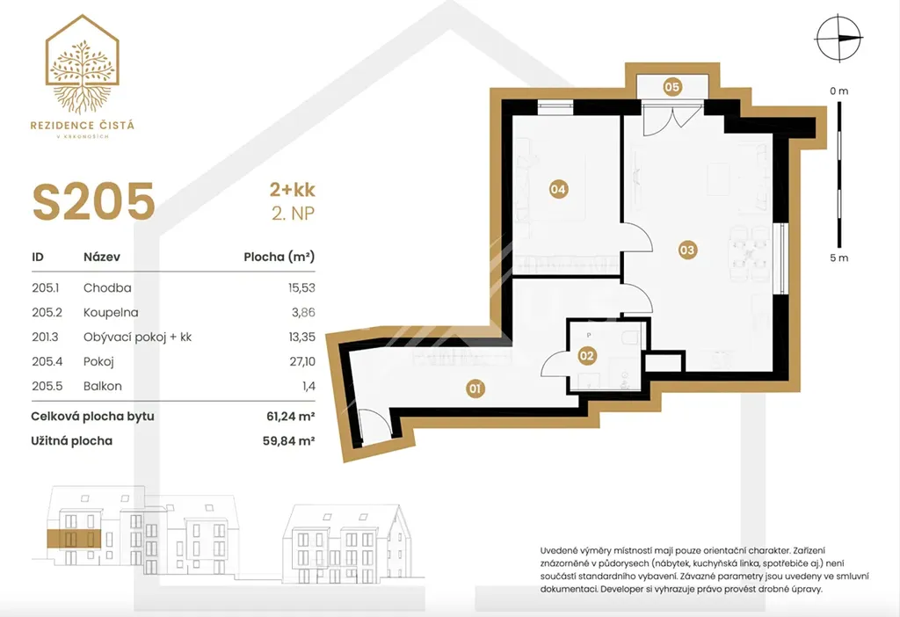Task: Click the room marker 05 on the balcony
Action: click(x=672, y=87)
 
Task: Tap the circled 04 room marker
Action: click(x=558, y=189)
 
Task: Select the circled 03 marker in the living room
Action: click(x=687, y=250)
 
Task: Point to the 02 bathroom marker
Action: click(x=586, y=356)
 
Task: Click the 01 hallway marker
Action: click(x=475, y=388)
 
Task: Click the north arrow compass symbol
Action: click(x=838, y=39)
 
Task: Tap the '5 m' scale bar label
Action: click(x=838, y=258)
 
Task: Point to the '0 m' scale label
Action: click(x=838, y=91)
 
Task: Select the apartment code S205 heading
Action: click(x=93, y=201)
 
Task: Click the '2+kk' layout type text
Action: click(x=292, y=189)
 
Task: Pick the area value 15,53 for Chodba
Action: click(x=302, y=288)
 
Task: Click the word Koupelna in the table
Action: click(x=111, y=313)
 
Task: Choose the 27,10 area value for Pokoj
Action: click(x=302, y=361)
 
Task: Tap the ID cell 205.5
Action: click(x=47, y=386)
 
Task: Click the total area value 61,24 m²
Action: click(x=290, y=416)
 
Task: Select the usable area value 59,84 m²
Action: click(x=289, y=441)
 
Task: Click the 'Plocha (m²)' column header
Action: click(x=279, y=258)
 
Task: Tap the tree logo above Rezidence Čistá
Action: click(x=82, y=75)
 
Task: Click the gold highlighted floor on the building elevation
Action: click(x=74, y=539)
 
